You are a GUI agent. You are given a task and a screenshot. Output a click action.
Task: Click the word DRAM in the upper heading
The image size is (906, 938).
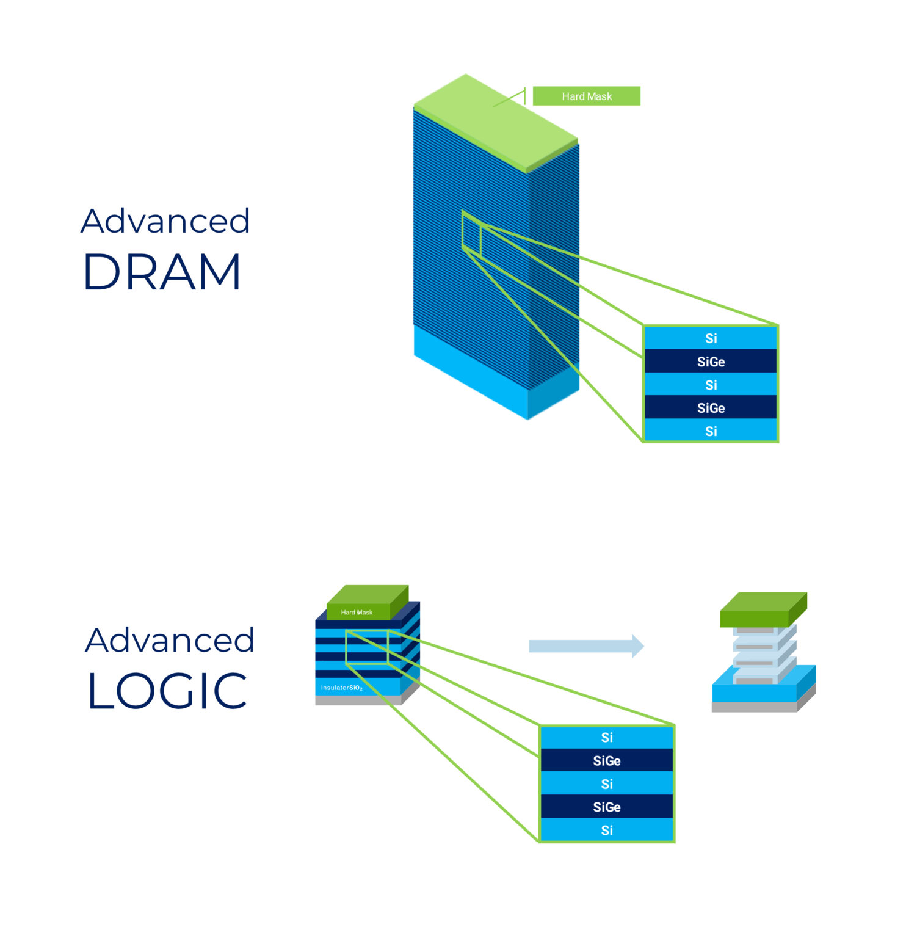point(162,272)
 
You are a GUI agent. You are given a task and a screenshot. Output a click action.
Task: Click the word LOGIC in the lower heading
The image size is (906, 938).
point(167,691)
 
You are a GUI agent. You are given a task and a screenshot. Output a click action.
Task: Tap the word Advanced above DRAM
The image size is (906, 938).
point(165,221)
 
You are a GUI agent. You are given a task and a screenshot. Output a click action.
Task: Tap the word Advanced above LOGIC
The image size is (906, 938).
point(170,641)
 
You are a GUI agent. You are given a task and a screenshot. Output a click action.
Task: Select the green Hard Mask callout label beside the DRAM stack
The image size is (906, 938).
point(586,96)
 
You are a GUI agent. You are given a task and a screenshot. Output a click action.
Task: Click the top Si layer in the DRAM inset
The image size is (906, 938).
point(711,338)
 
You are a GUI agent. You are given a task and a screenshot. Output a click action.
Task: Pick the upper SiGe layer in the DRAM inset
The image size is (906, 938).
point(711,362)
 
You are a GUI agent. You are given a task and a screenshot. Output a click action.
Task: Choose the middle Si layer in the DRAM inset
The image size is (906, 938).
point(711,385)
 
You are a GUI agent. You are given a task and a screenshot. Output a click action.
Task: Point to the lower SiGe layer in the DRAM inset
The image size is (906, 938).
point(711,408)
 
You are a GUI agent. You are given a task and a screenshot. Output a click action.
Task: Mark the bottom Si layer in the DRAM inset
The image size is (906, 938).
point(711,431)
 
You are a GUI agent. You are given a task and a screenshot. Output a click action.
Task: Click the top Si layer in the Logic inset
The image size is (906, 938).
point(606,738)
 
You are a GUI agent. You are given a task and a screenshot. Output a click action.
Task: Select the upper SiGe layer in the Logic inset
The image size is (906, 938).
point(606,761)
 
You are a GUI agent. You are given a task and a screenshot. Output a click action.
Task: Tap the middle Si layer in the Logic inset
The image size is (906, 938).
point(606,784)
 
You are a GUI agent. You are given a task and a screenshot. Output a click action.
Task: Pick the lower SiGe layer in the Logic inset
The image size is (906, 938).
point(606,807)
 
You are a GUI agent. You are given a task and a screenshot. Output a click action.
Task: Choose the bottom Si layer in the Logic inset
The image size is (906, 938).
point(606,831)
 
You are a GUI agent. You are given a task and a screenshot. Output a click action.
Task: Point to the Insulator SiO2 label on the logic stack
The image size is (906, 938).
point(342,688)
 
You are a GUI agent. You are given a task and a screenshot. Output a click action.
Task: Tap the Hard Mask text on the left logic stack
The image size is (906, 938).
point(357,613)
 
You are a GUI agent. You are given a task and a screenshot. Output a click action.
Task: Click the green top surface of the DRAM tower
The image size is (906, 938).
point(495,122)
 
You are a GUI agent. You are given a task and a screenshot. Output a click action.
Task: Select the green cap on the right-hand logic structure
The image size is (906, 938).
point(763,608)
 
